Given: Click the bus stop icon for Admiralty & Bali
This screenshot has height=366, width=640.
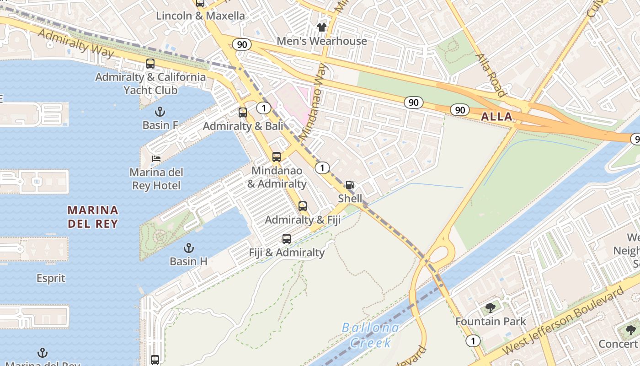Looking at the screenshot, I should [243, 112].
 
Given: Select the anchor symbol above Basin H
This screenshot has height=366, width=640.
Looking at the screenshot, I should [188, 248].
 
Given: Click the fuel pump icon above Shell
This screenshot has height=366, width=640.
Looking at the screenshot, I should [350, 185].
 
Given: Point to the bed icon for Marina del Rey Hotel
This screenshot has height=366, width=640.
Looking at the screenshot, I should [156, 159].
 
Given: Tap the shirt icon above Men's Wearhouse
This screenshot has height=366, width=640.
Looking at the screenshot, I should [322, 27].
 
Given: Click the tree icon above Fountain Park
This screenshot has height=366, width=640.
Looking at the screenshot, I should [491, 307].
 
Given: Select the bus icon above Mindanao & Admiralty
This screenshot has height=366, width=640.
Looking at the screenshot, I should [277, 157].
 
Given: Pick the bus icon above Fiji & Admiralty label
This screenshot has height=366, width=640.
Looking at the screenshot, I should [287, 238].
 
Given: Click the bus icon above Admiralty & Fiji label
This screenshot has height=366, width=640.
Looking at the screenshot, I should [303, 206].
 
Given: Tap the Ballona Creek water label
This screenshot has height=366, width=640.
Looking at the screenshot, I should [370, 335].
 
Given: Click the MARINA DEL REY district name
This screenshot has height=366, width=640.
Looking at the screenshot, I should [93, 217].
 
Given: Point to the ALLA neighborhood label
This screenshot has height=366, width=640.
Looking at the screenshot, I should [496, 117].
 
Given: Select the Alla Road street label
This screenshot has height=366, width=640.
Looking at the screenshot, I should [491, 75].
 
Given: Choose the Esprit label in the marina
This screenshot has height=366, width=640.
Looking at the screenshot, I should [51, 278].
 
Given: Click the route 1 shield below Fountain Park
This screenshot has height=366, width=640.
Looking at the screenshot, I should [473, 341].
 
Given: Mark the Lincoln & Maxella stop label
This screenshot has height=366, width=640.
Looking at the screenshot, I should [200, 16].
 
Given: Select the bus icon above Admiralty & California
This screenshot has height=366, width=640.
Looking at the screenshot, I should [150, 64].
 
